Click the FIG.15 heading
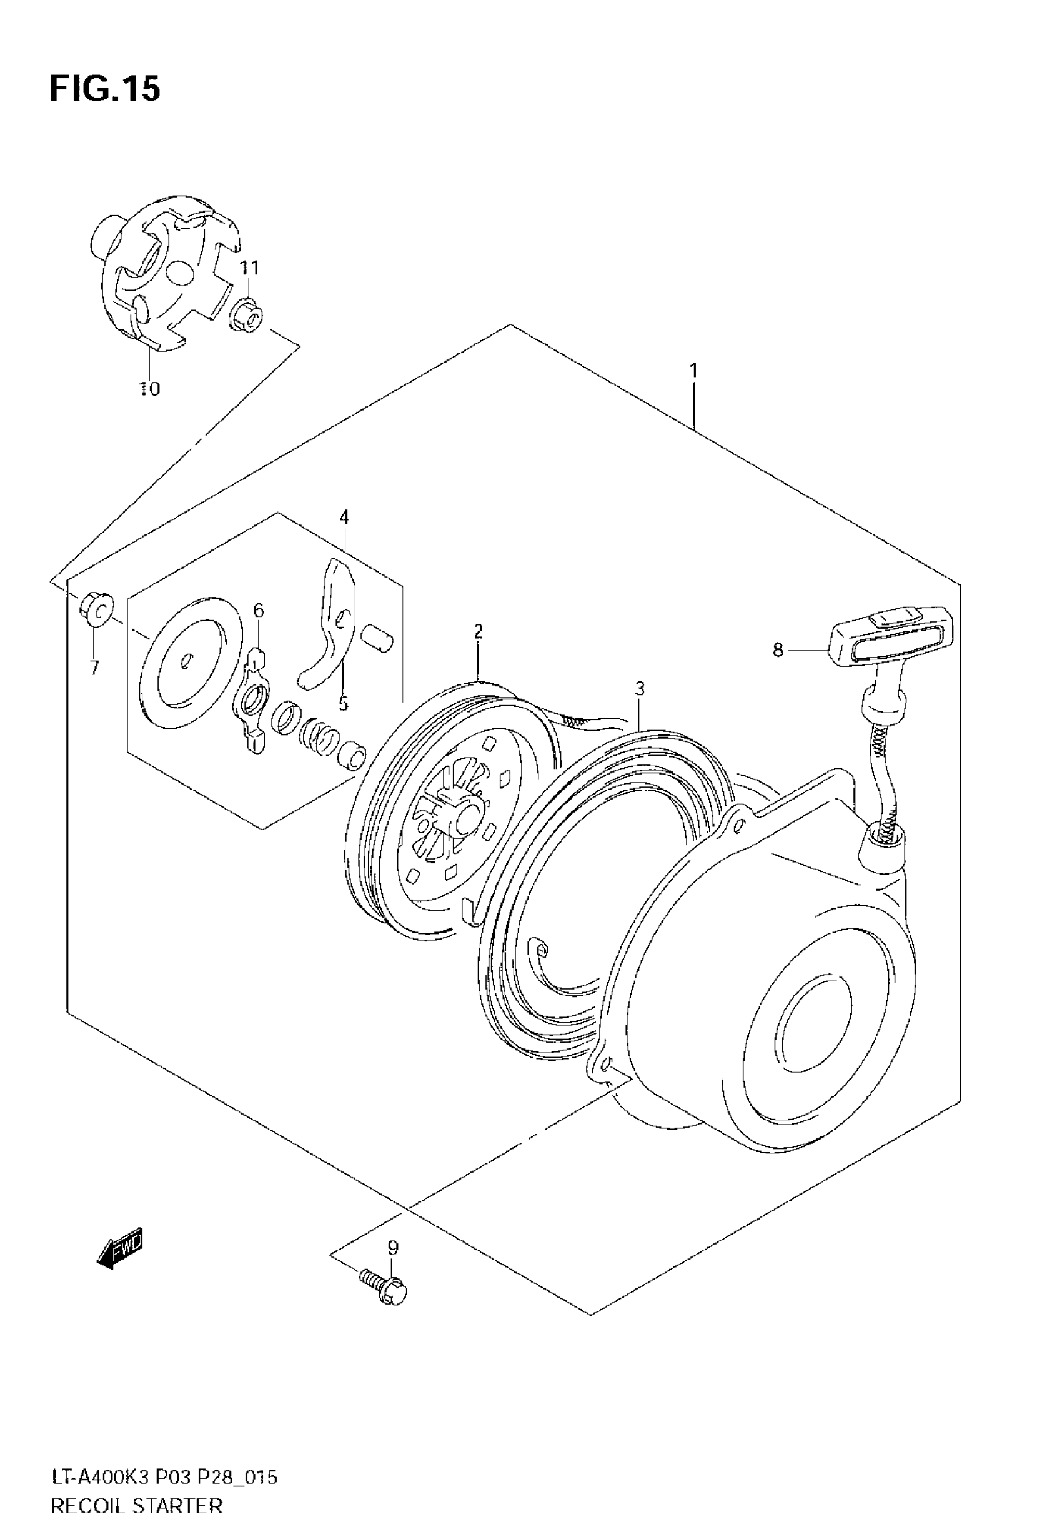[x=104, y=89]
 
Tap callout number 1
[x=693, y=370]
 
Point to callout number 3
[x=640, y=689]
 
